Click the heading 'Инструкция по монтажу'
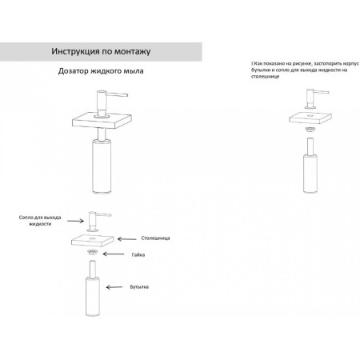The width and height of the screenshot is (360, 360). (101, 51)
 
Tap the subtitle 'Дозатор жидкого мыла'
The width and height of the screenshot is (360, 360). (101, 71)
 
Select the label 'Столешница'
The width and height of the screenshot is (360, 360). (155, 238)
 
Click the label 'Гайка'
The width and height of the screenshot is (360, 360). (138, 254)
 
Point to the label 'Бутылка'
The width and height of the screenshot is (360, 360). (139, 287)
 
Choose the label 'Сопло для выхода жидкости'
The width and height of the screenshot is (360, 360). (40, 221)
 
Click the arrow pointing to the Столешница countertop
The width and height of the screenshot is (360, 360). (127, 239)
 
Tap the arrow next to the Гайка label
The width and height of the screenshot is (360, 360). (114, 254)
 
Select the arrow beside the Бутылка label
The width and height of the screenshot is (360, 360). (114, 287)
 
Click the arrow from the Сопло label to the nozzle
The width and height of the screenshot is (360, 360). (75, 221)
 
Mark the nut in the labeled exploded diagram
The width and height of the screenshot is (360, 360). (92, 251)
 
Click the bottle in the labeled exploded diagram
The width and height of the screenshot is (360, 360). (93, 289)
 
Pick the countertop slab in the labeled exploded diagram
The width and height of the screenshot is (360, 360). (93, 240)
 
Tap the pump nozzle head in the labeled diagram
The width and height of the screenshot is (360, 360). (98, 222)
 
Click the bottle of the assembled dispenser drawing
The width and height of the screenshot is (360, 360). (102, 166)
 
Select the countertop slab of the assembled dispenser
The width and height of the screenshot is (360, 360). (102, 120)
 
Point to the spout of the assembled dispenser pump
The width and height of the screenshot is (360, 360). (117, 94)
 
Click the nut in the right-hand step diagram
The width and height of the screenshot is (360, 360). (310, 130)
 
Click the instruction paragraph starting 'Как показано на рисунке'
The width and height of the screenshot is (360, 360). (305, 70)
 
